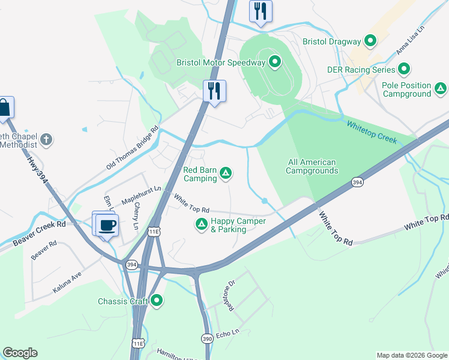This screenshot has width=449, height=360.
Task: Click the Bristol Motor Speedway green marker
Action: click(x=275, y=62)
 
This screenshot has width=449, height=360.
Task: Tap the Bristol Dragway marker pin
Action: click(x=370, y=41)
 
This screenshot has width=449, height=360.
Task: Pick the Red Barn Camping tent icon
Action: click(x=226, y=174)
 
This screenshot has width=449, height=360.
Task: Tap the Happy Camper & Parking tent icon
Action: click(x=201, y=224)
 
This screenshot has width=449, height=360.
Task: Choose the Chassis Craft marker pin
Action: click(x=157, y=301)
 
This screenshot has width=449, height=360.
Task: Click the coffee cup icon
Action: click(x=107, y=226)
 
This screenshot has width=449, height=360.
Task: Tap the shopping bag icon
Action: click(x=4, y=108)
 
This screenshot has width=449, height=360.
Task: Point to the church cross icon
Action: click(x=47, y=140)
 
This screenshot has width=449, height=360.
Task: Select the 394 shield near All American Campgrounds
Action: click(x=357, y=182)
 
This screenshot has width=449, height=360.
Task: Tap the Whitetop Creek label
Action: click(x=372, y=131)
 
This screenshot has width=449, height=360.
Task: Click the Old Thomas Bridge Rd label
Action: click(x=132, y=148)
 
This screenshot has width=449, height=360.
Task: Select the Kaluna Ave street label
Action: click(x=67, y=282)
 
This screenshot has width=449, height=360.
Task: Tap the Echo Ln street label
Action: click(x=228, y=332)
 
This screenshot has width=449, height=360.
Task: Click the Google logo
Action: click(x=20, y=353)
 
